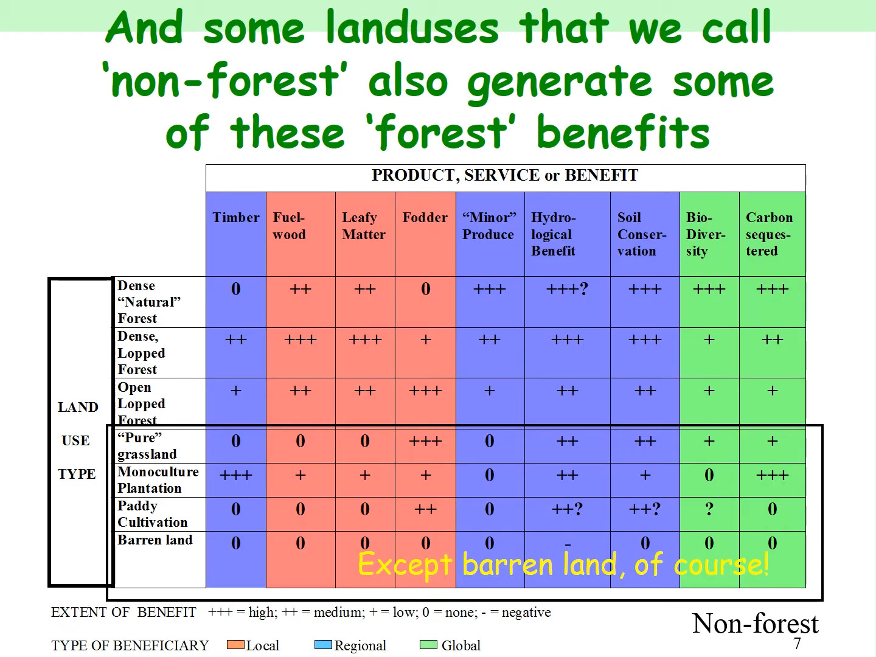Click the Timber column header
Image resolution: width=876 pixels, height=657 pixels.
coord(236,217)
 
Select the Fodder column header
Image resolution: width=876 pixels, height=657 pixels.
coord(425,217)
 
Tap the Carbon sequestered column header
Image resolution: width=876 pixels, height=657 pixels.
coord(769,234)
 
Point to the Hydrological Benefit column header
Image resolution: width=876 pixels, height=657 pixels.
coord(554,234)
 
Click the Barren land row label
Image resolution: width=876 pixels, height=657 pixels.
coord(155,540)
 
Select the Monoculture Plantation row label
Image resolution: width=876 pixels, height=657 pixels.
coord(158,480)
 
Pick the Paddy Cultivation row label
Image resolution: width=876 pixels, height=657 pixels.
coord(153,514)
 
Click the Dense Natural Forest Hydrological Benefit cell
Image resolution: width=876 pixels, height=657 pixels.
coord(567,289)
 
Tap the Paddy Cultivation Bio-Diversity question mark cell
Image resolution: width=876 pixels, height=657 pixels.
coord(709,509)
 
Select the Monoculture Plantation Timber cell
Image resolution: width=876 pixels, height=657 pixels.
coord(236,475)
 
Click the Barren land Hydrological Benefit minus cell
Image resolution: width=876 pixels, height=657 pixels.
coord(568,544)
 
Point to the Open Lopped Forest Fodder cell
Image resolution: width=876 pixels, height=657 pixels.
coord(425,391)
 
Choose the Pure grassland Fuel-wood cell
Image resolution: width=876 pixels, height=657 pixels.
coord(301,441)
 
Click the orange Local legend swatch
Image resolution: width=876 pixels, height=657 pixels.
coord(235,645)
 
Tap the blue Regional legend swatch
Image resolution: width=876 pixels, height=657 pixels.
coord(323,645)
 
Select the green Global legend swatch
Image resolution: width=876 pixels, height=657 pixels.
coord(429,645)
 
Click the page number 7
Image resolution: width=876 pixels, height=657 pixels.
coord(797,644)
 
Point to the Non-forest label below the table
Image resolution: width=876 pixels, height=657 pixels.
coord(755,624)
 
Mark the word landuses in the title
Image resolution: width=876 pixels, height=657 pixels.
coord(412,27)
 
